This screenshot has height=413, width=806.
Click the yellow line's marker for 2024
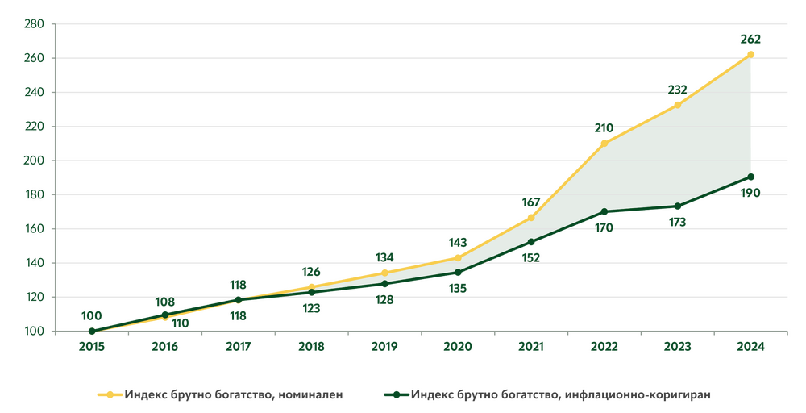click(x=750, y=53)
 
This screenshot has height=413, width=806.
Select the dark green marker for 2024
click(x=750, y=177)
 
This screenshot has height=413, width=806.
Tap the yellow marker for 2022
click(x=604, y=142)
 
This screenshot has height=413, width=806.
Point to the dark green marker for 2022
click(x=604, y=212)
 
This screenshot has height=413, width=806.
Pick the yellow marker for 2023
click(x=677, y=104)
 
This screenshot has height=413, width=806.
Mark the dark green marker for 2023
click(x=677, y=207)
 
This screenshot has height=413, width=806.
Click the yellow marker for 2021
click(x=530, y=216)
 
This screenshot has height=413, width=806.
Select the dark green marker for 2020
click(x=458, y=273)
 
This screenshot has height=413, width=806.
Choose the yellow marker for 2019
click(x=384, y=271)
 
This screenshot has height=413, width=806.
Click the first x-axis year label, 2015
click(x=91, y=348)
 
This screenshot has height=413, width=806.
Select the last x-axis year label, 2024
click(x=750, y=348)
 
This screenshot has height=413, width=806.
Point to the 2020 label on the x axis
click(x=458, y=348)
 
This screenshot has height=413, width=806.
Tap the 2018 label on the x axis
click(x=311, y=348)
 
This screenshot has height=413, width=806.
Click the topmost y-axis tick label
click(x=35, y=25)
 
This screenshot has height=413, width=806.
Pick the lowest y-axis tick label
click(x=35, y=331)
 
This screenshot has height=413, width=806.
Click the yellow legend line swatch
click(x=109, y=394)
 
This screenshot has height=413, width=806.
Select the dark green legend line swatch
click(x=394, y=394)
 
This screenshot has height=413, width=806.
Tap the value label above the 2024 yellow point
click(x=750, y=38)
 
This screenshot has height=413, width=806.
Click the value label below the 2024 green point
click(x=750, y=192)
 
